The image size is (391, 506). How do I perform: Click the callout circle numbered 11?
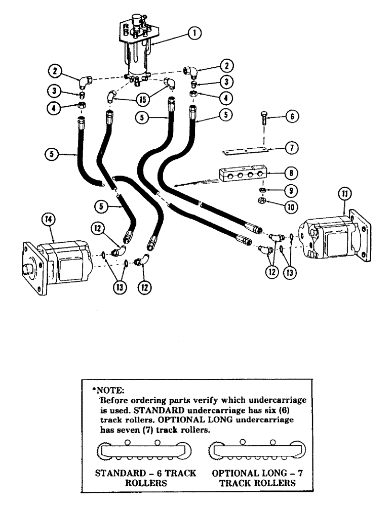tap(343, 193)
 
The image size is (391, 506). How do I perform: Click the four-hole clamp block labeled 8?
tap(241, 174)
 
